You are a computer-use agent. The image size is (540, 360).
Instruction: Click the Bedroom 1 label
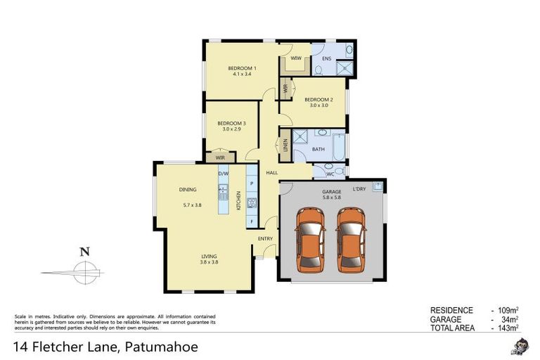(x=241, y=68)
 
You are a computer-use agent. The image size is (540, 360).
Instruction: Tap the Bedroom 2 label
(x=318, y=100)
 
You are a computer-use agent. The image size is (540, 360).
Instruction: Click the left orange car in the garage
(x=310, y=240)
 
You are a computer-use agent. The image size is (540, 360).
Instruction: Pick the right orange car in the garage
(x=350, y=240)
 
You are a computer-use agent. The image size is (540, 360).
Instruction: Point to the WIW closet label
(x=296, y=58)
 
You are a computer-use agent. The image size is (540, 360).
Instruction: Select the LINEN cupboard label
(x=285, y=146)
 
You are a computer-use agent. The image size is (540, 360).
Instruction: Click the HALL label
(x=271, y=172)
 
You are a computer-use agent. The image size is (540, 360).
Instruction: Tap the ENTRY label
(x=265, y=238)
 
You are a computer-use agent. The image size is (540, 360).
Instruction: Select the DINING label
(x=187, y=190)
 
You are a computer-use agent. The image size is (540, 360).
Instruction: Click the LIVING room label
(x=209, y=256)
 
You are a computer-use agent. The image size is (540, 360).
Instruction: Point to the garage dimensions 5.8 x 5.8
(x=332, y=198)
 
